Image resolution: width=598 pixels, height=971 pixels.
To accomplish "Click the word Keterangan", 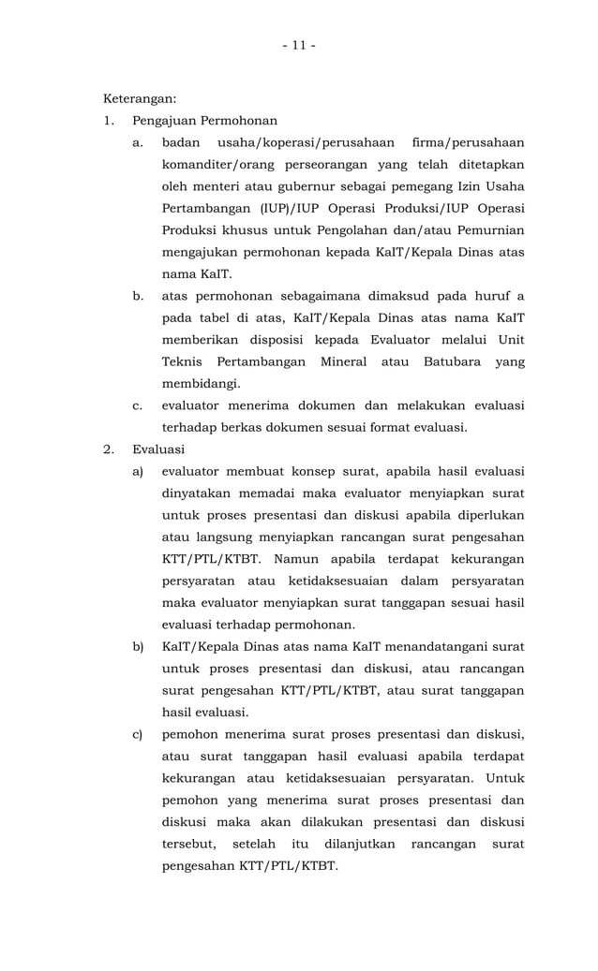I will [140, 98].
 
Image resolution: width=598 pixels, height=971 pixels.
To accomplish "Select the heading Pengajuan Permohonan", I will [204, 121].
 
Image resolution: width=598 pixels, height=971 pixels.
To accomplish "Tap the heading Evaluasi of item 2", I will [159, 449].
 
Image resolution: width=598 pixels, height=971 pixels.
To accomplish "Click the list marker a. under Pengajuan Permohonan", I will [138, 142].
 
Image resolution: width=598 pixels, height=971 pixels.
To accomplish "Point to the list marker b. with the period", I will [138, 296].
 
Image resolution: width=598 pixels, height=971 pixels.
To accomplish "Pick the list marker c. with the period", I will [138, 405].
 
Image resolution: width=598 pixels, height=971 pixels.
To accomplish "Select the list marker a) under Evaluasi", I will [138, 471].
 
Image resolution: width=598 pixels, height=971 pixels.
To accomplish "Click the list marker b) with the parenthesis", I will [138, 646].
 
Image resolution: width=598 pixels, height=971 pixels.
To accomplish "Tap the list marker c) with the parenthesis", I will [138, 733].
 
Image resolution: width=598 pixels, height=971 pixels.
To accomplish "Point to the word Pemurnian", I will [490, 230].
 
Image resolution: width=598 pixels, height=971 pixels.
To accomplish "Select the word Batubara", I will [460, 361].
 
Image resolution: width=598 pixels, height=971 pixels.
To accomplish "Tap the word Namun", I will [298, 559].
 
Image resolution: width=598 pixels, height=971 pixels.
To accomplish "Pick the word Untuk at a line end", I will [504, 777].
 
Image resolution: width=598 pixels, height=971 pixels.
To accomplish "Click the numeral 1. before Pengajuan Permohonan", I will [109, 121].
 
